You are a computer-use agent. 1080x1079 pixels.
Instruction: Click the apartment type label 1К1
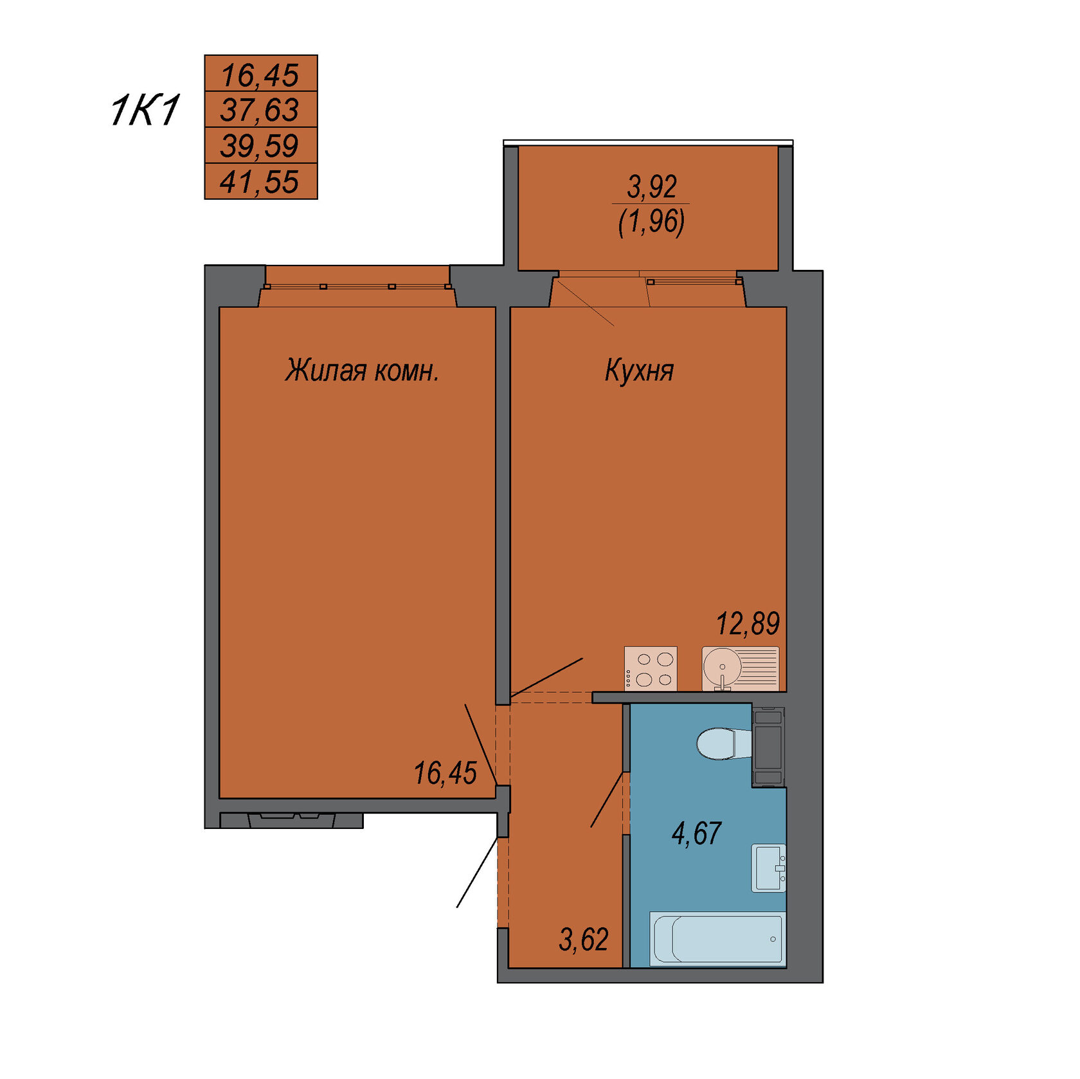tap(145, 111)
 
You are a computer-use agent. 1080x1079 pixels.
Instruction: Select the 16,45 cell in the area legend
tap(260, 74)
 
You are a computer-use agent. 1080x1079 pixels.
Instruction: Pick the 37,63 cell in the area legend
tap(260, 109)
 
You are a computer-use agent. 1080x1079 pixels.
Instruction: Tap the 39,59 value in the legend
tap(260, 145)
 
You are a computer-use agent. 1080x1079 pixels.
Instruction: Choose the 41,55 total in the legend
tap(260, 181)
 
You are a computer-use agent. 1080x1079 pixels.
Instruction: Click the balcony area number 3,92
tap(652, 187)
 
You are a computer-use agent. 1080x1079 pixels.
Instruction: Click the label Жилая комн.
tap(362, 371)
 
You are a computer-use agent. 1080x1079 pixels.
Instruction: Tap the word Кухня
tap(639, 371)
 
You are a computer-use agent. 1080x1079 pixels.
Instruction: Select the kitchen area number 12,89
tap(748, 623)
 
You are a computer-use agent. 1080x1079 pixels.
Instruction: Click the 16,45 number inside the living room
tap(445, 773)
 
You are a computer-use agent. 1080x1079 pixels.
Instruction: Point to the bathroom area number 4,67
tap(697, 833)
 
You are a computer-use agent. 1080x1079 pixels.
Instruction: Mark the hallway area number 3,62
tap(584, 940)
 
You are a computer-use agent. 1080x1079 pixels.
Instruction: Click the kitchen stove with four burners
tap(651, 668)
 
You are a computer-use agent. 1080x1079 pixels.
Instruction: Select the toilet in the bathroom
tap(724, 744)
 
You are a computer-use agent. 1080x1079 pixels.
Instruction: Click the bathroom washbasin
tap(769, 868)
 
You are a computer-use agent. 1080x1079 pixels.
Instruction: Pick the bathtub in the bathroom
tap(718, 939)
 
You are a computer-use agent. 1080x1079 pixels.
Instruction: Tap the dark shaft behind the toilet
tap(768, 745)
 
